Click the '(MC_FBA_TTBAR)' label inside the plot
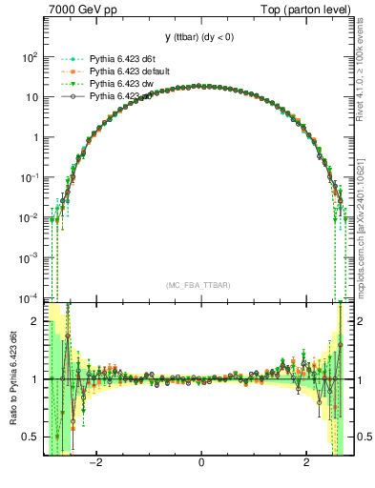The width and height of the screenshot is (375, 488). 200,285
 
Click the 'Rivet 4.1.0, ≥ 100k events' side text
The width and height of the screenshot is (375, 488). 365,67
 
